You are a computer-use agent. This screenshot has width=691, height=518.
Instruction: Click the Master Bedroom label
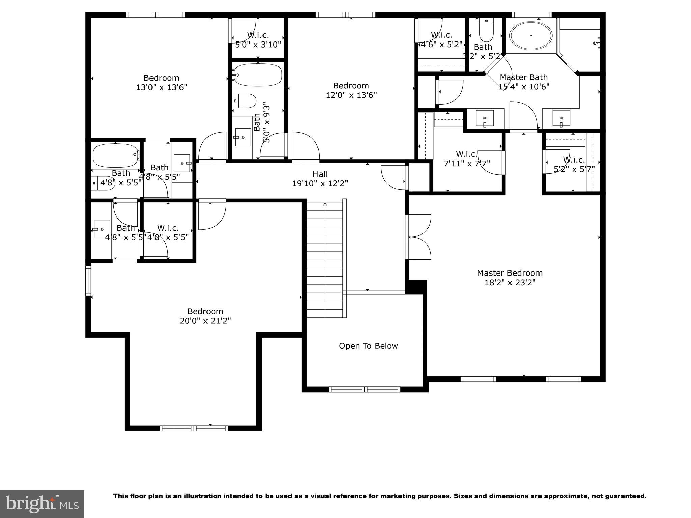click(x=509, y=273)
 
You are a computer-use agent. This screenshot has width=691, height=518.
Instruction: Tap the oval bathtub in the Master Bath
click(x=531, y=35)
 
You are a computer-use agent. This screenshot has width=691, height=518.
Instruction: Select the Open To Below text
click(x=368, y=346)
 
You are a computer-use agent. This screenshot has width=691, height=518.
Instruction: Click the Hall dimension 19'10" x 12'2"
click(x=320, y=183)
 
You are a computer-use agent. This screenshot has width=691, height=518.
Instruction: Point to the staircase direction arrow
click(x=325, y=204)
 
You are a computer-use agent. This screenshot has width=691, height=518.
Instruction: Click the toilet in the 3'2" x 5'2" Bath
click(x=486, y=30)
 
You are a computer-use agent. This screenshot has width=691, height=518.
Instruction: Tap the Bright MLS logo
click(x=42, y=504)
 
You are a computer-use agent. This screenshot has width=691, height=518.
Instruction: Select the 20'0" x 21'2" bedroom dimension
click(x=205, y=321)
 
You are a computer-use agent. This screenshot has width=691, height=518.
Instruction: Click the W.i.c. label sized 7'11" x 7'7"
click(x=467, y=154)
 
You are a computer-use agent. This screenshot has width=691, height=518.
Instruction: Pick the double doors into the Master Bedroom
click(x=418, y=237)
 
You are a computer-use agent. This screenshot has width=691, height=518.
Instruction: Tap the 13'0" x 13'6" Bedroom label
click(x=161, y=78)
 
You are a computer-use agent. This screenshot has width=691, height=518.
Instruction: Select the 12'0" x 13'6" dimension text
click(x=351, y=95)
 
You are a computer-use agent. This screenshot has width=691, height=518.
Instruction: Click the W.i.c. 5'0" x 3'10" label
click(x=258, y=35)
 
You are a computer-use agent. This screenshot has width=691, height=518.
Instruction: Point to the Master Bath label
click(x=523, y=77)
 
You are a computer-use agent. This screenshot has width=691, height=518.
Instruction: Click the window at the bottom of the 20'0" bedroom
click(x=194, y=428)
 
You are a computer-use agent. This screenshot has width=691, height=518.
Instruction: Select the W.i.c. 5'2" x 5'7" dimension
click(x=574, y=169)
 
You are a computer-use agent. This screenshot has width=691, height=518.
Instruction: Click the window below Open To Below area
click(x=365, y=390)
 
